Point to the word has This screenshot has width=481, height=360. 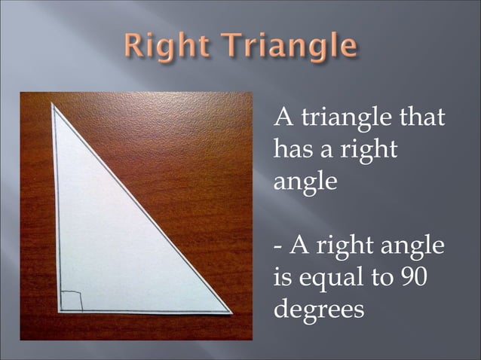coord(290,150)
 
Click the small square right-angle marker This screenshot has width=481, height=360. coord(71,300)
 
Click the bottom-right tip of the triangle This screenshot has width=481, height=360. coord(230,310)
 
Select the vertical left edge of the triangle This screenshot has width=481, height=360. coord(56,211)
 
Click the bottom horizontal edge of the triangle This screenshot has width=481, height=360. coord(143,310)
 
